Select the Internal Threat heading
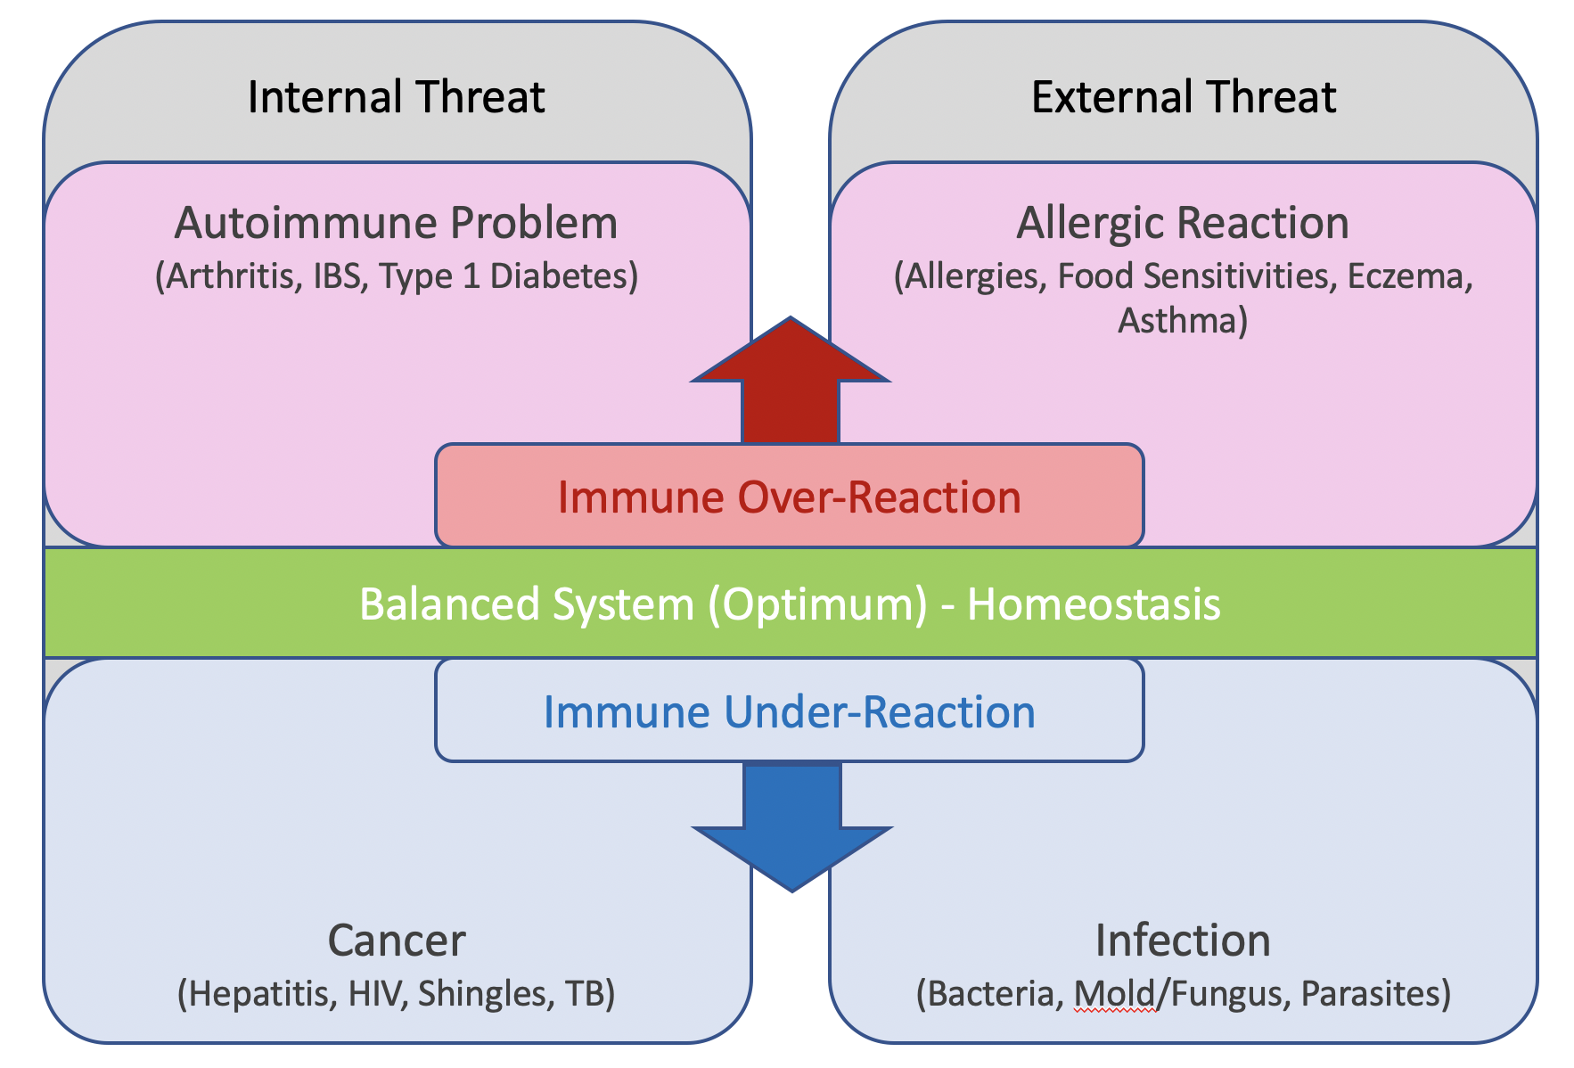[x=396, y=97]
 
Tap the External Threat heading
[x=1184, y=97]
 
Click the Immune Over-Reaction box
[x=790, y=496]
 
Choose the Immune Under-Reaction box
[x=790, y=711]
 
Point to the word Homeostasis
[x=1094, y=604]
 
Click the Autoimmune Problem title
[x=396, y=223]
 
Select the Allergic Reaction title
[x=1183, y=224]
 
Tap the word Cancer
[x=397, y=941]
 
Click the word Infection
[x=1183, y=941]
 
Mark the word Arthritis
[x=234, y=276]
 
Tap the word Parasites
[x=1370, y=993]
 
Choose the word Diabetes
[x=558, y=276]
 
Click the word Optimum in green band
[x=817, y=604]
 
